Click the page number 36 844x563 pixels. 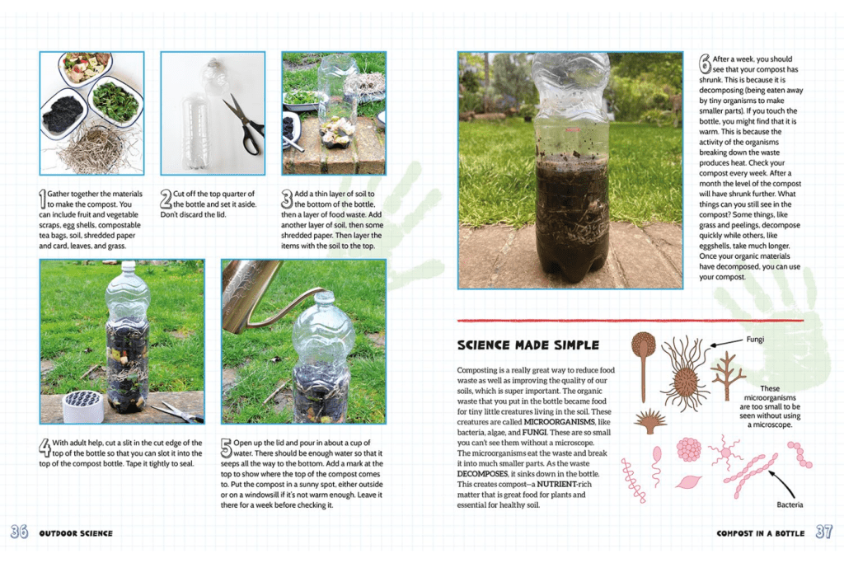[x=19, y=533]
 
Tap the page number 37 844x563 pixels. [x=823, y=533]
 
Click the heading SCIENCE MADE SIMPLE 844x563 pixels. [x=527, y=345]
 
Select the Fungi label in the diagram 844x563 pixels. [x=755, y=339]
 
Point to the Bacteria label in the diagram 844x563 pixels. [x=790, y=504]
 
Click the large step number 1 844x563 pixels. [x=44, y=199]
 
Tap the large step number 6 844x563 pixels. [x=704, y=63]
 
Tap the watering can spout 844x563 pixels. [x=301, y=294]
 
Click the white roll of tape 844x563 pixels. [x=82, y=406]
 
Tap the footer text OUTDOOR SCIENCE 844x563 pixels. [x=76, y=533]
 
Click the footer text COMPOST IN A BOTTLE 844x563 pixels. [x=760, y=533]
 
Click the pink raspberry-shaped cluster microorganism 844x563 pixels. [x=689, y=449]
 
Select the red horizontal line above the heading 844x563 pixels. [x=630, y=320]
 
